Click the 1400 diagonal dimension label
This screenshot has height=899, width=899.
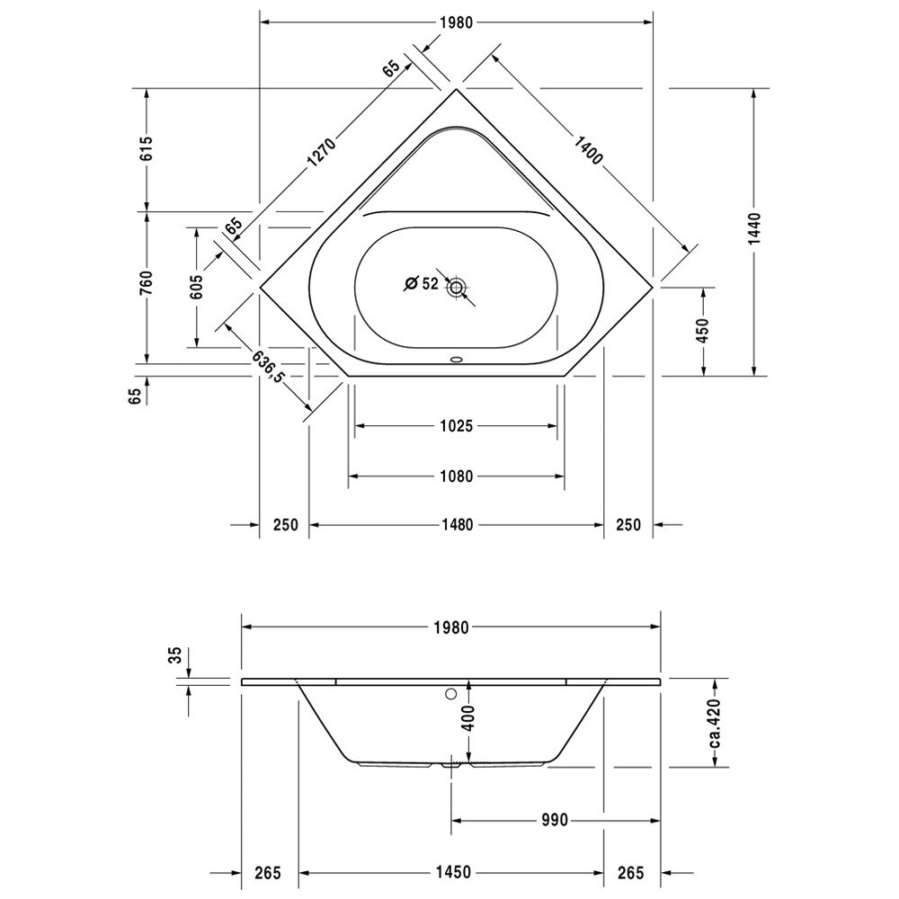[588, 149]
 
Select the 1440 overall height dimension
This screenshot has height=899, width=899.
[754, 228]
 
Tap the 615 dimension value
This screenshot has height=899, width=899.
[147, 148]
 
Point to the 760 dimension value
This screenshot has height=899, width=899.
[147, 283]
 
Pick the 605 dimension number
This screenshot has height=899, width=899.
[196, 286]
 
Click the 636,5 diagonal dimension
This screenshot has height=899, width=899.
[268, 367]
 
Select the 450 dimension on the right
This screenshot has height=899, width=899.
[703, 331]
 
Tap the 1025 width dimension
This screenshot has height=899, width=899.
[457, 426]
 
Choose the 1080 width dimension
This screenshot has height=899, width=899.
[457, 476]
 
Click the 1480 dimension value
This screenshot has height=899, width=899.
[457, 525]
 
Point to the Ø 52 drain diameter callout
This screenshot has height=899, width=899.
[422, 283]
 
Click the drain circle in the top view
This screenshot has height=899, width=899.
[457, 288]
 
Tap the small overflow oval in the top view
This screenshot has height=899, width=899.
[457, 360]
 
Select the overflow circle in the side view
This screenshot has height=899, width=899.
[451, 694]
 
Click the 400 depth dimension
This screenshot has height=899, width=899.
[468, 717]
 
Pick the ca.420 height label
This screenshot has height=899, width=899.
[715, 724]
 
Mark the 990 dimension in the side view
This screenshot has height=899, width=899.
[555, 821]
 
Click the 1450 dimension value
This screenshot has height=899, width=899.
[453, 873]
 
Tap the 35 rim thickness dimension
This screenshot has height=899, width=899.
[175, 654]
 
